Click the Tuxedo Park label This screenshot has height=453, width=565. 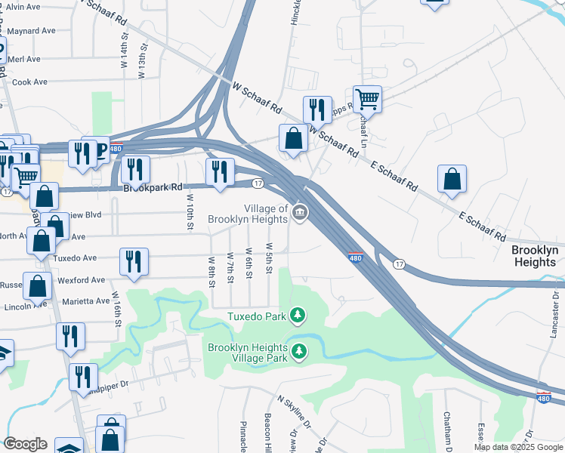[258, 316]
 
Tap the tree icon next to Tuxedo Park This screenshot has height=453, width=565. [299, 314]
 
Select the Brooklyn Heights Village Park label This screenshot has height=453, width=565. [247, 353]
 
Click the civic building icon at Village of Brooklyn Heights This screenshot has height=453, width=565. [300, 214]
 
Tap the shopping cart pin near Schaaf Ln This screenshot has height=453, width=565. [367, 98]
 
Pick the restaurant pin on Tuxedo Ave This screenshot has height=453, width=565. [134, 261]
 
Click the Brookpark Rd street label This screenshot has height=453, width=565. [153, 186]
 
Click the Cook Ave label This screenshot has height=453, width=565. [30, 82]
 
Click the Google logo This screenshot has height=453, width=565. [25, 444]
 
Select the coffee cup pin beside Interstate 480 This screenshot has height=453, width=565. [96, 149]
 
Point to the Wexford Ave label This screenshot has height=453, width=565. [82, 280]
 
